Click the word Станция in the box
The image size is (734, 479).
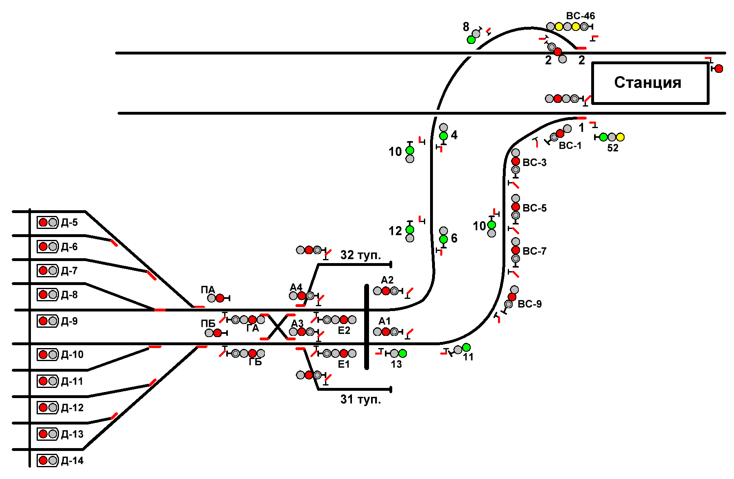(647, 83)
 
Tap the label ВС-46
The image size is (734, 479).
(580, 16)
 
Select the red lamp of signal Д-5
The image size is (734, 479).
(43, 222)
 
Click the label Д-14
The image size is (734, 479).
(72, 461)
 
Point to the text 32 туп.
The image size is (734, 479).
(360, 255)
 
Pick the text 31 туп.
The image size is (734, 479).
(360, 399)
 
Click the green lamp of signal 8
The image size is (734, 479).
(471, 40)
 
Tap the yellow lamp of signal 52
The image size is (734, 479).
(620, 137)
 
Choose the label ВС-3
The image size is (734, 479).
(534, 163)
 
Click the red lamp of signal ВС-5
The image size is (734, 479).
(516, 207)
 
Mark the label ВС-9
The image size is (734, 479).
(529, 304)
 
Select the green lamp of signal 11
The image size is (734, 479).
(466, 347)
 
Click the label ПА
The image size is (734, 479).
(208, 290)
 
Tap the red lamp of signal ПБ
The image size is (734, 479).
(218, 333)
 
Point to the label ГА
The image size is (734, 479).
(253, 329)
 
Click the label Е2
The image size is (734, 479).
(344, 331)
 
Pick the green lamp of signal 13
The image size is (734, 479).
(402, 353)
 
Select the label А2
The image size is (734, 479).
(387, 280)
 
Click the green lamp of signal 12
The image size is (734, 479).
(410, 230)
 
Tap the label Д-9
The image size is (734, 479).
(69, 321)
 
